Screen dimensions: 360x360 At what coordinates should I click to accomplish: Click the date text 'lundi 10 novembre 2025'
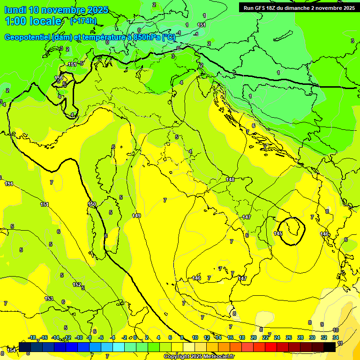coord(56,10)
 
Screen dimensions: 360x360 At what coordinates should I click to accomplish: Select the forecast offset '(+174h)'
coord(83,21)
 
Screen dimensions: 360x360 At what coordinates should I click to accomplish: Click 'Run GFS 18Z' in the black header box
coord(259,7)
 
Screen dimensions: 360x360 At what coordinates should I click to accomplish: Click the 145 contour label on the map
coord(278,233)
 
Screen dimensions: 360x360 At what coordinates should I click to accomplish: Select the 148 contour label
coord(230,180)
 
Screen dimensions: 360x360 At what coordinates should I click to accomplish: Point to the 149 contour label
coord(136,216)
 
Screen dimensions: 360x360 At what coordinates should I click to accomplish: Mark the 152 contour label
coord(77,285)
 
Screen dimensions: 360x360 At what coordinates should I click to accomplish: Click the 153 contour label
coord(49,299)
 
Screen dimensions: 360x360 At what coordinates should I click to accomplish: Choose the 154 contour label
coord(12,350)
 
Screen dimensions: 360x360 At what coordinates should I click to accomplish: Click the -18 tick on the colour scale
coord(32,337)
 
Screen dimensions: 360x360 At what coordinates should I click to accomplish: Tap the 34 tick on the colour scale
coord(336,337)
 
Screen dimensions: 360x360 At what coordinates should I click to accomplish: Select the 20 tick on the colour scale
coord(254,337)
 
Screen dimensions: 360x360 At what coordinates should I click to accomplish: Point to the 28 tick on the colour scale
coord(300,337)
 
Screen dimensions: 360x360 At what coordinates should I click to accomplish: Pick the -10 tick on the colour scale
coord(79,337)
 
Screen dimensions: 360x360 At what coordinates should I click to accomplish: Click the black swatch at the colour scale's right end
coord(330,347)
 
